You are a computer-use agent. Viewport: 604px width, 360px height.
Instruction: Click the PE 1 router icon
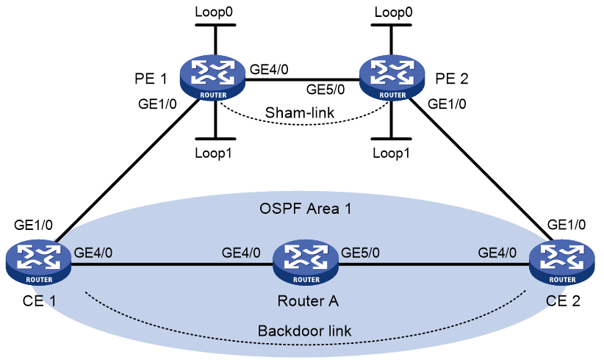(212, 78)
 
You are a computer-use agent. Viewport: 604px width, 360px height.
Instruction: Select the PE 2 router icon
(392, 78)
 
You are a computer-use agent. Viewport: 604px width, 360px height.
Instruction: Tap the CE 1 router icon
(38, 262)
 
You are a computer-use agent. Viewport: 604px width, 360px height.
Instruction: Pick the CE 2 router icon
(562, 262)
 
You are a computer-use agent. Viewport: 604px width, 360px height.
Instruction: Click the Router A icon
(306, 262)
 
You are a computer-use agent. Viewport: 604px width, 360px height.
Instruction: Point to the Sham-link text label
(300, 113)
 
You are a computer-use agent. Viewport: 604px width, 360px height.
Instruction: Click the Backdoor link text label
(304, 331)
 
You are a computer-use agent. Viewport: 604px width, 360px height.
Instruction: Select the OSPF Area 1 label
(305, 209)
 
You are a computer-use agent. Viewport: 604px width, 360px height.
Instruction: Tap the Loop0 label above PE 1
(213, 12)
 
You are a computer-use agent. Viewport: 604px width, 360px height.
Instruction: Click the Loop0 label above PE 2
(393, 12)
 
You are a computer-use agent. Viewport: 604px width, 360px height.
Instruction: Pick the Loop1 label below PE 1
(213, 154)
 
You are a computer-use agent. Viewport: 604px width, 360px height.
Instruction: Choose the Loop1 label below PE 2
(391, 154)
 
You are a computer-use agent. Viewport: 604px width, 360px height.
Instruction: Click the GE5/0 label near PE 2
(326, 90)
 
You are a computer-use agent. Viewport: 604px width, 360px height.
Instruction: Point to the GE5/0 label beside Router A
(360, 253)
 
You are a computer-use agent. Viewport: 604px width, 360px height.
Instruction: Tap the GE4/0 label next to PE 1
(269, 69)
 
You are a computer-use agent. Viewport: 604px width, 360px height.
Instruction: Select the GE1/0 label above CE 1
(33, 225)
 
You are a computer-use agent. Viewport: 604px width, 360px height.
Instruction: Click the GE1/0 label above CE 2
(567, 225)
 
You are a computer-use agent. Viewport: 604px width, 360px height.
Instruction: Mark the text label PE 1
(151, 79)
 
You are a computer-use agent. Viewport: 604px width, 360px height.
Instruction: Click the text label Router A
(308, 300)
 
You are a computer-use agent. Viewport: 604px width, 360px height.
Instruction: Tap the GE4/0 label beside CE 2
(497, 253)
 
